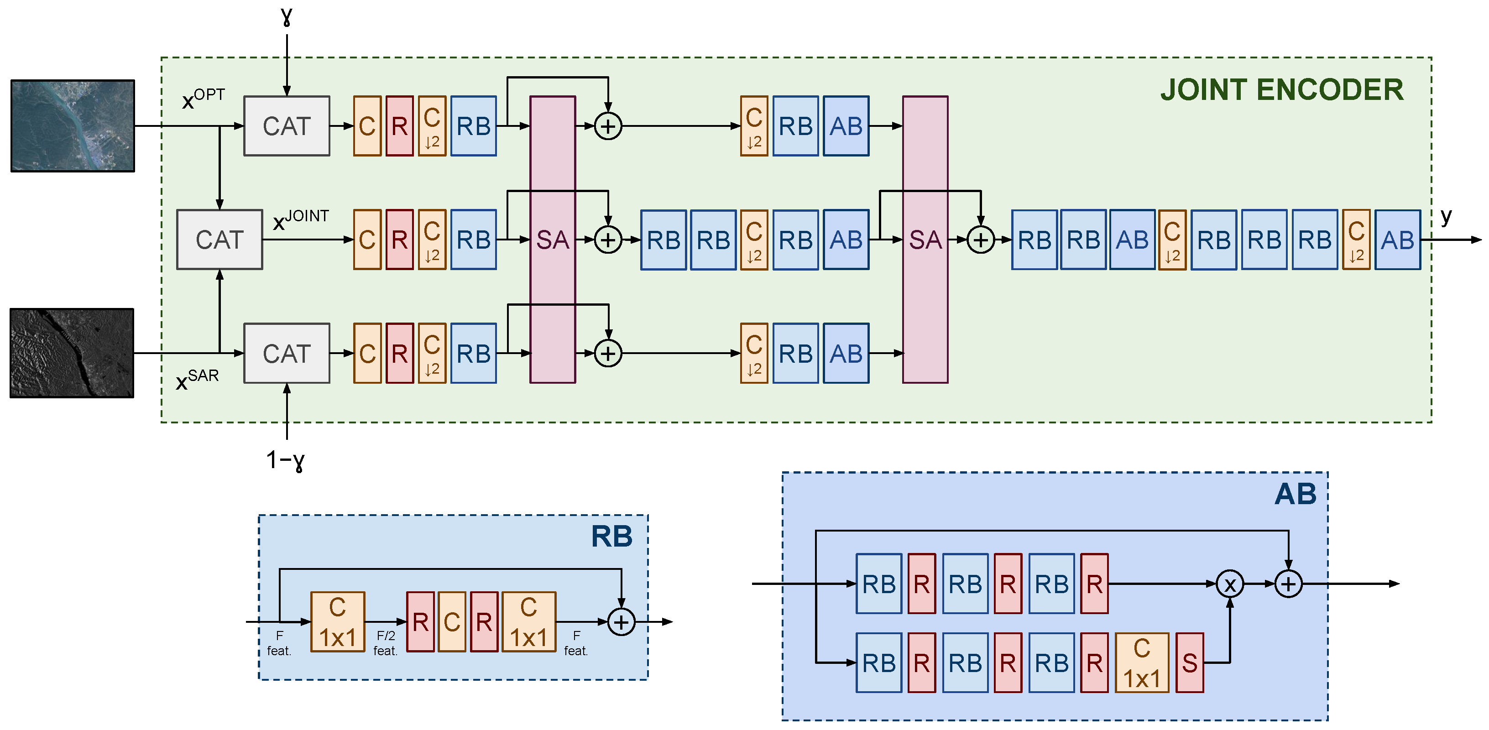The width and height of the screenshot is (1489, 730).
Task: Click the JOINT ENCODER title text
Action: tap(1281, 90)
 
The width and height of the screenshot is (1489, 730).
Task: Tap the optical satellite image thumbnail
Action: tap(73, 125)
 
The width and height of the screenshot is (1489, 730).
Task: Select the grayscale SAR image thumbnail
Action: tap(72, 353)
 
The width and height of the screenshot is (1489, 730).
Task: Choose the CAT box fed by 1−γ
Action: tap(287, 353)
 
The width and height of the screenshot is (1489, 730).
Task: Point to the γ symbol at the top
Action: tap(287, 16)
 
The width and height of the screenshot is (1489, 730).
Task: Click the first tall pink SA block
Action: tap(553, 239)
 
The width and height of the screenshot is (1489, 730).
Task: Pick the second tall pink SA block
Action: tap(925, 239)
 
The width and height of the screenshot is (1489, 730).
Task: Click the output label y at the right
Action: tap(1446, 216)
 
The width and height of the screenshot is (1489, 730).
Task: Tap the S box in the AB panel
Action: tap(1190, 663)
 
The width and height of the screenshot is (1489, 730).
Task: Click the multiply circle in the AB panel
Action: tap(1229, 584)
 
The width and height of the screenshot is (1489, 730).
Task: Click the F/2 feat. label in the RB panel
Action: tap(386, 643)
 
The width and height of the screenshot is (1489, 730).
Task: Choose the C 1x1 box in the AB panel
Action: tap(1142, 663)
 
